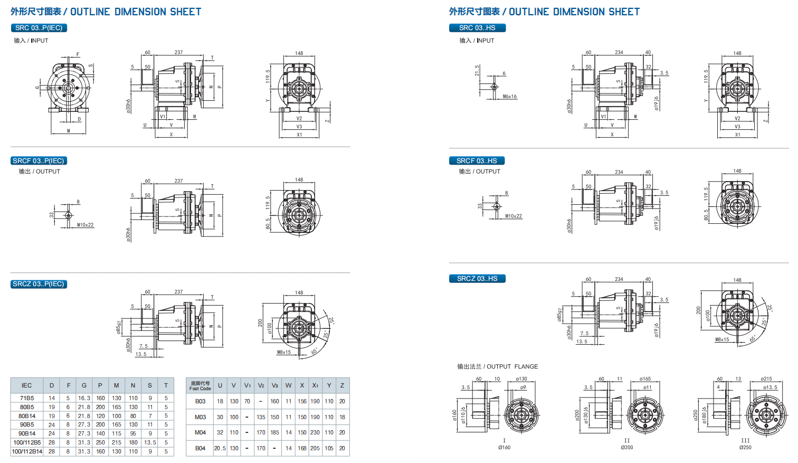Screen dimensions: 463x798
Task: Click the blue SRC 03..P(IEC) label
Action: (39, 28)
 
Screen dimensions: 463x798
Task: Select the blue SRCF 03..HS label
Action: (477, 161)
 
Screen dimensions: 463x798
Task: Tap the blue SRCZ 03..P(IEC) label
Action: (39, 284)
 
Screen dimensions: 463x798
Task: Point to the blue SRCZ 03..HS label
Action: (477, 279)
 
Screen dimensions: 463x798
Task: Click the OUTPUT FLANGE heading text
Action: (498, 366)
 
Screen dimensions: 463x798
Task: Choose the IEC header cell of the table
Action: (26, 385)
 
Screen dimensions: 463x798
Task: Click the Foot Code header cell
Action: (200, 386)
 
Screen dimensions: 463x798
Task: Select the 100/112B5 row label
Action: (27, 442)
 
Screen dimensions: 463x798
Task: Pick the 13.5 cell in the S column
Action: (150, 442)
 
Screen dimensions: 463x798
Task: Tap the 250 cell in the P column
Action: (100, 442)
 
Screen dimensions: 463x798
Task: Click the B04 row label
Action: (200, 448)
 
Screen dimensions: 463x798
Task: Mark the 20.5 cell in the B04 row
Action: (220, 448)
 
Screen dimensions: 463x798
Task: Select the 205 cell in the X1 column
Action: (315, 448)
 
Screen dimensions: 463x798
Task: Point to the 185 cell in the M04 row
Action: (275, 432)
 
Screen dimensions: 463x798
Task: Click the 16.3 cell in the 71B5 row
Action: (84, 398)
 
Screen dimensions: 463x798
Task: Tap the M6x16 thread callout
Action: (510, 97)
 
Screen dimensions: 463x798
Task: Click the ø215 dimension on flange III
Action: (766, 379)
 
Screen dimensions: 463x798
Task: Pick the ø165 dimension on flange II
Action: (645, 379)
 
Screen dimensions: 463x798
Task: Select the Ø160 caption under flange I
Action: (504, 448)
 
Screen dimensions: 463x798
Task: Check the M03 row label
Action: (200, 417)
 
